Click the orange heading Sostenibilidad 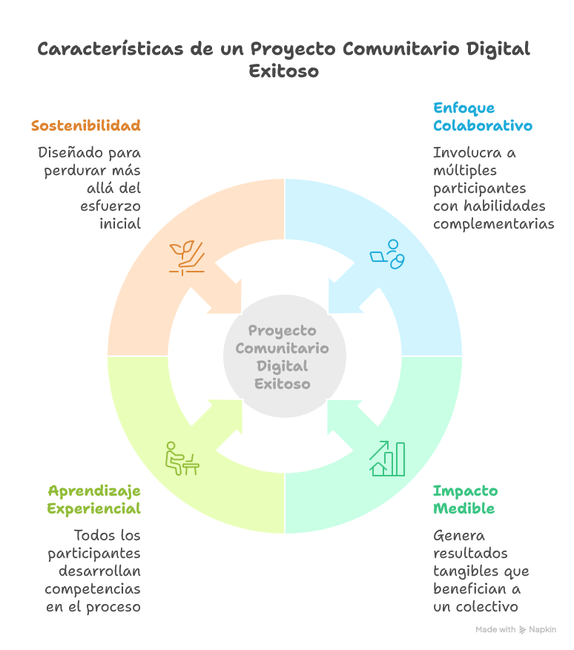click(x=86, y=125)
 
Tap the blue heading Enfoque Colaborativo click(x=482, y=116)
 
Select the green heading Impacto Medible click(x=465, y=499)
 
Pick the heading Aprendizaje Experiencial click(x=94, y=499)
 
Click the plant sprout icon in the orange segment click(x=185, y=257)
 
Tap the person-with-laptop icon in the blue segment click(x=388, y=255)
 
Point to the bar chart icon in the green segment click(x=387, y=459)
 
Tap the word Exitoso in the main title click(x=283, y=72)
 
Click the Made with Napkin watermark click(x=515, y=629)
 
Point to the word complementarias click(x=493, y=224)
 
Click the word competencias click(x=93, y=589)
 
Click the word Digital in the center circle click(x=282, y=366)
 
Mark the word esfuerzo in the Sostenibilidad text click(x=110, y=206)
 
